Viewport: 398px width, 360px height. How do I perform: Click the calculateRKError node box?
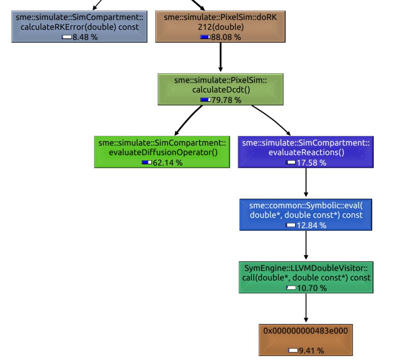[x=80, y=26]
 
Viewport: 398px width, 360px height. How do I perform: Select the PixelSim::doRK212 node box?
[x=220, y=26]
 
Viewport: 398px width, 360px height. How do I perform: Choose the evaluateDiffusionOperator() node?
[x=162, y=152]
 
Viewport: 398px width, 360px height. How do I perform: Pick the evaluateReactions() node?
[x=306, y=152]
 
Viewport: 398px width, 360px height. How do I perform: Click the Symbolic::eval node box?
[x=306, y=215]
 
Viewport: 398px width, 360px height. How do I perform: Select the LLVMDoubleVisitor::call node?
[x=306, y=277]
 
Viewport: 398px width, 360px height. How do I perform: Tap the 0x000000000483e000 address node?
[x=306, y=340]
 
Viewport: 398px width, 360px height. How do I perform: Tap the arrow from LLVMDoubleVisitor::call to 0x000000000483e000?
[x=306, y=309]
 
